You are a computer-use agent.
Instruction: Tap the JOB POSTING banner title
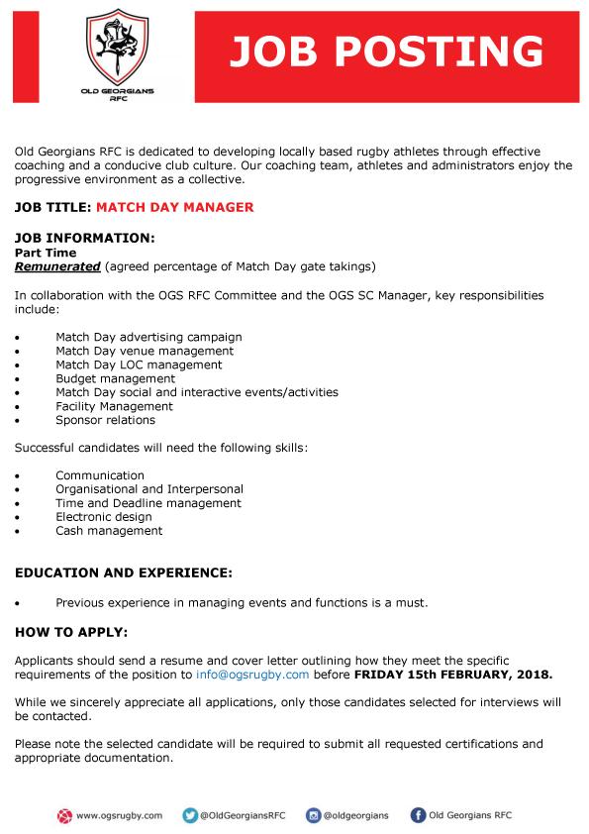[387, 51]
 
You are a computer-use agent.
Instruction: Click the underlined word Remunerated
[57, 266]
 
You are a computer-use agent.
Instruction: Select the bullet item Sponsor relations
[106, 420]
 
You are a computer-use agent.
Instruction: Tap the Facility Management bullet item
[114, 406]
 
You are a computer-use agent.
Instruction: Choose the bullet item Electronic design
[104, 517]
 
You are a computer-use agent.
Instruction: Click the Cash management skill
[109, 531]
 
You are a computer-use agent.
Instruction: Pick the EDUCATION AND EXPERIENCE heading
[124, 573]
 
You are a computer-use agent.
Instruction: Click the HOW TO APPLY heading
[71, 632]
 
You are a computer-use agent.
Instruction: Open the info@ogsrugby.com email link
[252, 675]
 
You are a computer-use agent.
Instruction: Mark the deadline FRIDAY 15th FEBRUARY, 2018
[453, 675]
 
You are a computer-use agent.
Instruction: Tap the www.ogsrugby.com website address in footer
[119, 815]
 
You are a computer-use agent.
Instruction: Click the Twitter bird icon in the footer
[189, 815]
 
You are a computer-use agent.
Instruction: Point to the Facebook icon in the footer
[419, 815]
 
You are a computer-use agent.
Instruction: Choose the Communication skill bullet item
[100, 475]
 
